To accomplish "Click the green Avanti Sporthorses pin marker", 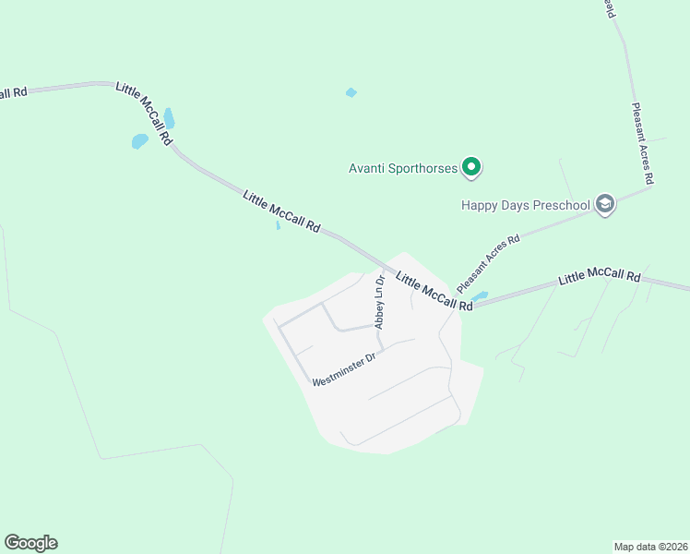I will coord(471,168).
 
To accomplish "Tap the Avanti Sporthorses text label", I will coord(403,169).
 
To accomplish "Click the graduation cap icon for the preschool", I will coord(605,204).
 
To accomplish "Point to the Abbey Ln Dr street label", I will coord(379,302).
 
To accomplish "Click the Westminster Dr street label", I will coord(344,367).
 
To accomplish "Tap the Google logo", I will coord(30,543).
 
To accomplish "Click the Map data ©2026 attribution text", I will coord(650,546).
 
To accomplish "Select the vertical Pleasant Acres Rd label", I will coord(643,142).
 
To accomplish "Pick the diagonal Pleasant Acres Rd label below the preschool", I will coord(489,264).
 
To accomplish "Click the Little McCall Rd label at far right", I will coord(600,276).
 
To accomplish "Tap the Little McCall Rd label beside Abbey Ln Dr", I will coord(434,290).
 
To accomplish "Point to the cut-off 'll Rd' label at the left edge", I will coord(13,92).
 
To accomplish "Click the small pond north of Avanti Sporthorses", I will coord(351,92).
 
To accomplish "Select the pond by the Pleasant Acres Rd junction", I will coord(480,296).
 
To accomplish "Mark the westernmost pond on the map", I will coord(139,141).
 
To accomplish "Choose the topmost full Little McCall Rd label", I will coord(144,114).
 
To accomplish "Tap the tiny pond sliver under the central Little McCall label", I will coord(278,225).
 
